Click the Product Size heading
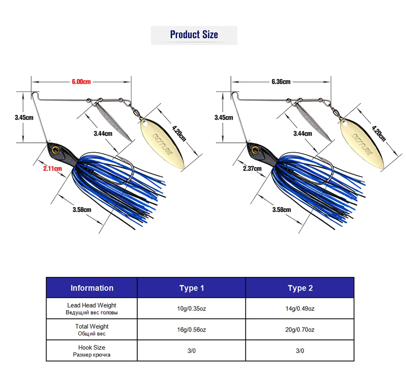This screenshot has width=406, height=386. click(x=194, y=35)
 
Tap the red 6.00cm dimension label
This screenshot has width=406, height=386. click(x=81, y=82)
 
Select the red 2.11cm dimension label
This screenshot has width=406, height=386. click(x=53, y=169)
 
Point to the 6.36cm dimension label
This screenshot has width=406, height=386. click(x=281, y=82)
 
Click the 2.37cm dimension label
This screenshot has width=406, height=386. click(x=252, y=169)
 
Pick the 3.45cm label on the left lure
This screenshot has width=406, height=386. click(x=24, y=118)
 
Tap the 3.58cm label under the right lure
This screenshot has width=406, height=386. click(x=282, y=210)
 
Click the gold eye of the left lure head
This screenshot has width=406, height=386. click(x=55, y=150)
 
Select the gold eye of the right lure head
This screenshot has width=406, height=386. click(x=255, y=150)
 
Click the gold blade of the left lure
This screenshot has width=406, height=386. click(x=162, y=144)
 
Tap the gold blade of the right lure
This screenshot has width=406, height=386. click(x=362, y=144)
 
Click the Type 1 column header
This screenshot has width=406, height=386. click(x=191, y=288)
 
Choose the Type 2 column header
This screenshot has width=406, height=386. click(x=300, y=288)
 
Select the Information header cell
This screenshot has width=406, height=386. click(x=92, y=288)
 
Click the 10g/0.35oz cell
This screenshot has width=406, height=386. click(x=191, y=309)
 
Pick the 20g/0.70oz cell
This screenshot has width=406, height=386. click(x=300, y=330)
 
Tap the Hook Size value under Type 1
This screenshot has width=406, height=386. click(x=191, y=351)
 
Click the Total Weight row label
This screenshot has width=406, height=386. click(x=91, y=330)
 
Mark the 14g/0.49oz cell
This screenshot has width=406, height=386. click(x=300, y=309)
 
